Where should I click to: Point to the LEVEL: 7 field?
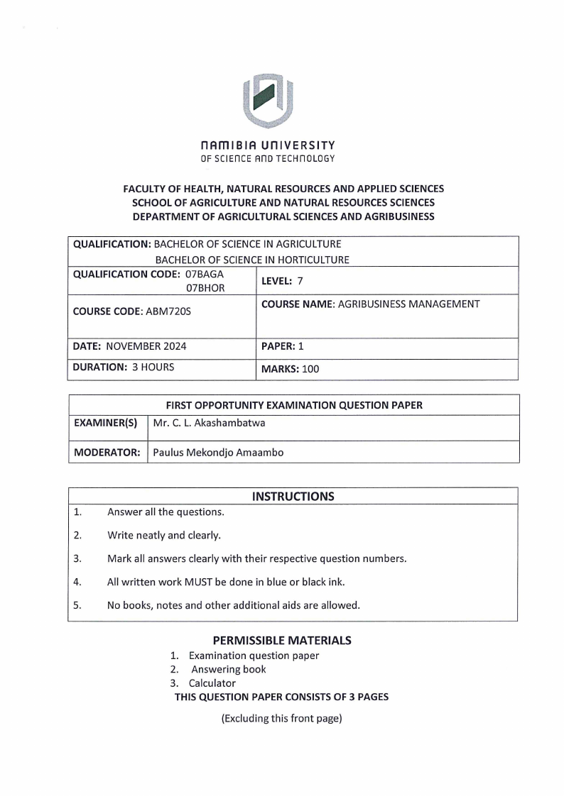point(282,281)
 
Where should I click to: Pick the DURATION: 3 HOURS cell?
point(124,367)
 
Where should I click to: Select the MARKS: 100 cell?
point(291,369)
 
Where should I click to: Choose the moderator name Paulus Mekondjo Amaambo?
point(218,452)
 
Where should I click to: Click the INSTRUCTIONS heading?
point(293,497)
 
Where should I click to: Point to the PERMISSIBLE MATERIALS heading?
point(282,640)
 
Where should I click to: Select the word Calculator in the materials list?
point(212,683)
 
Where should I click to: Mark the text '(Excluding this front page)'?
point(282,718)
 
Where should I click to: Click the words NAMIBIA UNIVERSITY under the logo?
point(268,145)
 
